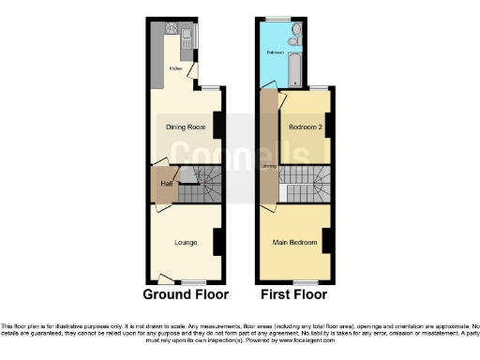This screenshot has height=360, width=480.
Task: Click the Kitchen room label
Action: (x=175, y=68)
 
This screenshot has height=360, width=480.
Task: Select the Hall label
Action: (x=166, y=184)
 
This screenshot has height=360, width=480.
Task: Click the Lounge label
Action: (x=185, y=242)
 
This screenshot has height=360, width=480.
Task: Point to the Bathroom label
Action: (x=275, y=52)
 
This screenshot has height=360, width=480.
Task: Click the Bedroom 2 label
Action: (x=303, y=127)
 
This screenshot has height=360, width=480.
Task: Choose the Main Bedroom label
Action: (x=292, y=242)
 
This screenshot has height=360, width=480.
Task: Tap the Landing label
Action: (x=269, y=167)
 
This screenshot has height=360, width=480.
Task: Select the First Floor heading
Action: (x=294, y=293)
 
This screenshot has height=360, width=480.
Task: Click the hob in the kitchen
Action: (x=172, y=28)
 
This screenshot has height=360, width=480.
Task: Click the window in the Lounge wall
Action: (x=194, y=281)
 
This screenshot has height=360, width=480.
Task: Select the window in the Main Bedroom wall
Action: (x=306, y=281)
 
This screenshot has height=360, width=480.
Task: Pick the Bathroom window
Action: (x=277, y=18)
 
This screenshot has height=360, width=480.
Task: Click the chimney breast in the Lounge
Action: (x=217, y=242)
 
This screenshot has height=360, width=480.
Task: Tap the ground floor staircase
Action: (x=200, y=185)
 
